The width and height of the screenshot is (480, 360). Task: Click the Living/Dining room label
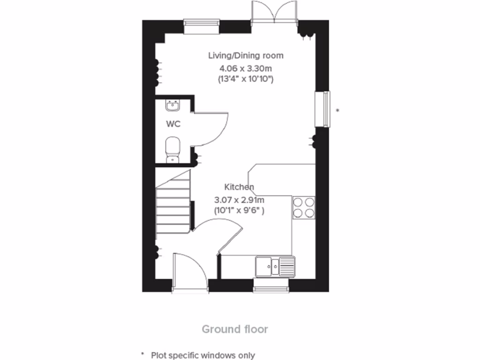246,55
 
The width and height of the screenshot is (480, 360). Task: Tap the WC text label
173,124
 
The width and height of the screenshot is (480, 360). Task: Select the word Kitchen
239,187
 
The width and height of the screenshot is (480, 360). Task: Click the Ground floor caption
235,329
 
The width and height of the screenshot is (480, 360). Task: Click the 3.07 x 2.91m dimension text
239,199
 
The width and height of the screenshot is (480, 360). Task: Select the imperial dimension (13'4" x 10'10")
246,79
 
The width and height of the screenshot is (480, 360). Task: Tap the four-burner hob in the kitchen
303,208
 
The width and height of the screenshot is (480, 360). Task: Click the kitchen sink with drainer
275,267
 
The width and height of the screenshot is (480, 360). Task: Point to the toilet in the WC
173,149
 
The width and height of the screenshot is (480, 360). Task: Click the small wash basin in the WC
173,105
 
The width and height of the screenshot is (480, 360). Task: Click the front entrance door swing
189,272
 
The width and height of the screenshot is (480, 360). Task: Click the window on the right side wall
322,109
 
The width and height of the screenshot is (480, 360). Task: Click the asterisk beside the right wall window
337,111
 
